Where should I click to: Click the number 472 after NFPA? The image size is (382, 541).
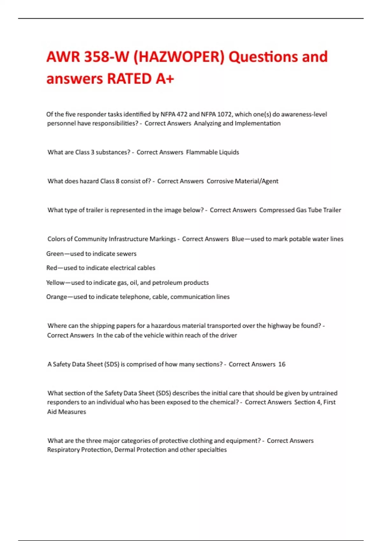pyautogui.click(x=182, y=114)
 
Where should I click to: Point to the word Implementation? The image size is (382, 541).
pyautogui.click(x=258, y=123)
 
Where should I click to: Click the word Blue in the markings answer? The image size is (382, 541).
pyautogui.click(x=238, y=239)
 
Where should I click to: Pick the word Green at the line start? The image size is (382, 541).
pyautogui.click(x=55, y=254)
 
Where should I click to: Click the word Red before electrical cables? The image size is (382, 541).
pyautogui.click(x=52, y=268)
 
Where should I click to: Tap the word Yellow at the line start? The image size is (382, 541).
pyautogui.click(x=55, y=283)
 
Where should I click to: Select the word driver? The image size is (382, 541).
pyautogui.click(x=229, y=335)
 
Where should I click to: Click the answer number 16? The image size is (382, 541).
pyautogui.click(x=282, y=364)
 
